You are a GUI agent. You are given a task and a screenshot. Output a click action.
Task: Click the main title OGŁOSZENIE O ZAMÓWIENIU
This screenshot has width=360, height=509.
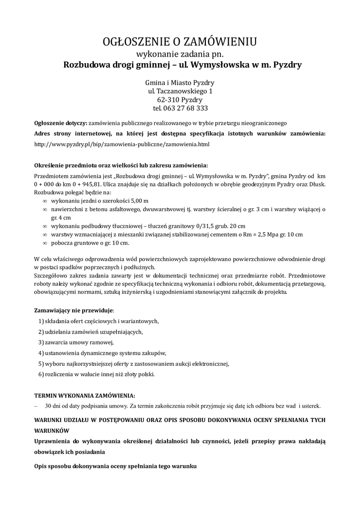[x=180, y=40]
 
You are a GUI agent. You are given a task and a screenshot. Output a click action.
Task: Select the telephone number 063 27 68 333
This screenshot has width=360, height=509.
[x=186, y=108]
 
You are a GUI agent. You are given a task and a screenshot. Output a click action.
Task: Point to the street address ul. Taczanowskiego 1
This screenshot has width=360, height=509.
[x=180, y=91]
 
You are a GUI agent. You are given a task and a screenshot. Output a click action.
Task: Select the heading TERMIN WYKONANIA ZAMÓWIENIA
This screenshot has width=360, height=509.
[x=84, y=396]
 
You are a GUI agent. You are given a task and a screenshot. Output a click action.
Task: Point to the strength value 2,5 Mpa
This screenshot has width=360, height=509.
[x=269, y=234]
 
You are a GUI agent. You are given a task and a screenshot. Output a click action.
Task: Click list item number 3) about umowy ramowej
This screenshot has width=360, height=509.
[x=76, y=342]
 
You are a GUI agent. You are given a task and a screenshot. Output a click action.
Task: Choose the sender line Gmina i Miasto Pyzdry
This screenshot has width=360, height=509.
[x=180, y=83]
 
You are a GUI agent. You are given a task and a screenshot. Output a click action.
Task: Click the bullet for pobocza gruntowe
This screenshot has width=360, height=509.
[x=45, y=243]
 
